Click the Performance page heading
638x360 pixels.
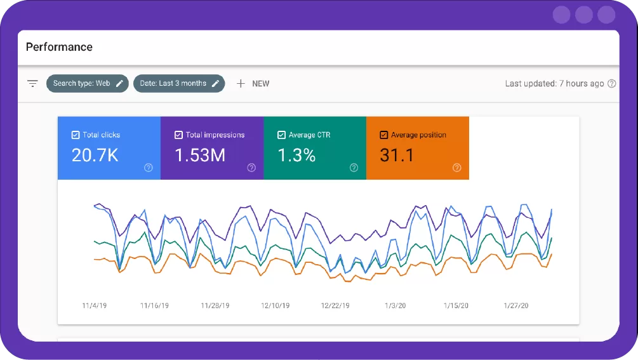point(59,47)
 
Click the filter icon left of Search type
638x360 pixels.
point(32,83)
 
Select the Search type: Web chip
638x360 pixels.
point(87,83)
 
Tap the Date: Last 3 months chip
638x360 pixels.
point(178,83)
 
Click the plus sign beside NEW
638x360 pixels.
point(241,83)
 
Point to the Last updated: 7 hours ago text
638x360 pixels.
point(554,83)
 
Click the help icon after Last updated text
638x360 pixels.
point(612,83)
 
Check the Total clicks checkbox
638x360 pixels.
point(76,135)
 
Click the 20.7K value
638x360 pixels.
point(95,155)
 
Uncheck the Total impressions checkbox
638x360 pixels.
point(178,135)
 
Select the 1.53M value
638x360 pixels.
point(200,155)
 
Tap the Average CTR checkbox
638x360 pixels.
point(281,135)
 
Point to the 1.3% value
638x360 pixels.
point(296,155)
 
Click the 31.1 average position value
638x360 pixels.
point(397,155)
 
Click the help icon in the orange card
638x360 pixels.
point(456,168)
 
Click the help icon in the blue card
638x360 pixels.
point(148,168)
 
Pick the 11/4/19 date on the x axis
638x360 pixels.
point(94,305)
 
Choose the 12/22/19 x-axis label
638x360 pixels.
point(335,305)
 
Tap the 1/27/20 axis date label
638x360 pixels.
point(516,305)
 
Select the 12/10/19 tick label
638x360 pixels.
point(275,305)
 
